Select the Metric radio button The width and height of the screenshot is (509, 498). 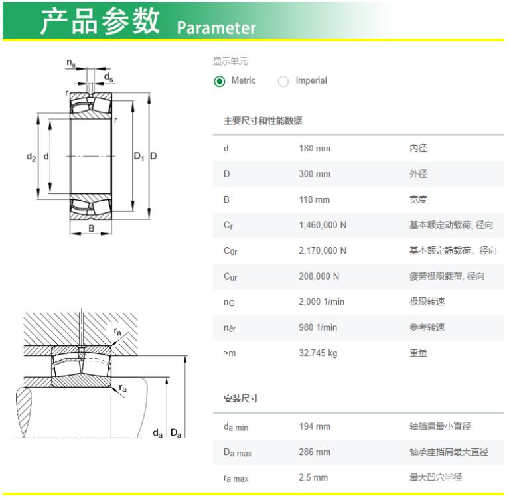pos(220,81)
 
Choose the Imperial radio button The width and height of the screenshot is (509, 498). pos(283,81)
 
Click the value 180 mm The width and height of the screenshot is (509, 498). pos(315,149)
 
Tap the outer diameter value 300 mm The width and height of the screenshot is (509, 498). pos(315,174)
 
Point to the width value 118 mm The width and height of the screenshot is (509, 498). pos(315,199)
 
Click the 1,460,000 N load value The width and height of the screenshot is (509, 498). pos(323,225)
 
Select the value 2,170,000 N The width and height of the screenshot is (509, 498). pos(323,251)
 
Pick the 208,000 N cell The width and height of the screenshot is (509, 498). pos(319,276)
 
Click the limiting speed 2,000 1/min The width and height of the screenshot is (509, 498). pos(321,302)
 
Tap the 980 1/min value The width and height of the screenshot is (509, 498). pos(318,327)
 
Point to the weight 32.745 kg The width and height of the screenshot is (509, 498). pos(318,353)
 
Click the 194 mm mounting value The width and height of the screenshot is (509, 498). pos(315,426)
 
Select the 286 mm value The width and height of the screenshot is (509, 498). pos(315,452)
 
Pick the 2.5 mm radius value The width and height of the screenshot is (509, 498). pos(313,477)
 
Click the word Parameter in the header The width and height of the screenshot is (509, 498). pos(216,28)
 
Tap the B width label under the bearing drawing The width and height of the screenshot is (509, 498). pos(92,228)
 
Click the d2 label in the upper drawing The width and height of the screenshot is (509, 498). pos(31,157)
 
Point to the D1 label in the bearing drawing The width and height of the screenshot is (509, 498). pos(139,157)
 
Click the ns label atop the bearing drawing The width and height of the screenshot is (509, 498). pos(71,62)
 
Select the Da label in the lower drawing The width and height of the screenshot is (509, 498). pos(176,433)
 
